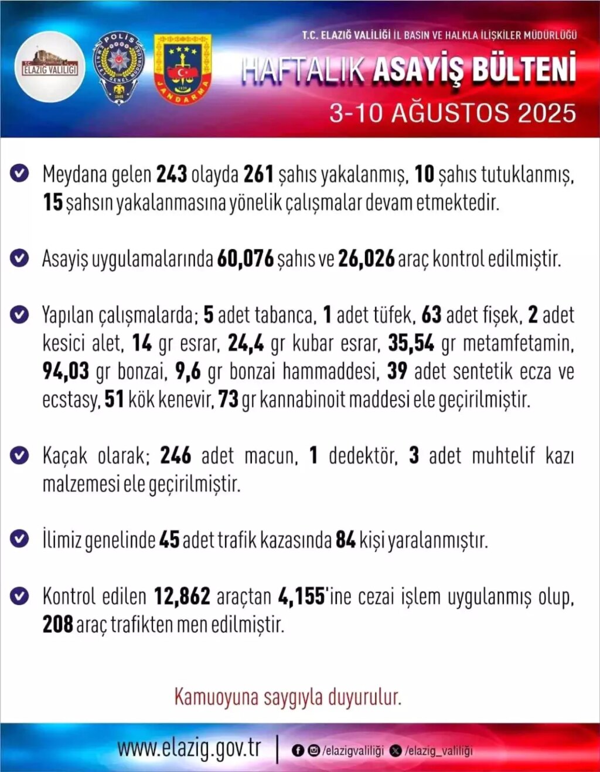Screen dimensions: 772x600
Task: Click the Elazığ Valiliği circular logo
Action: (x=50, y=67)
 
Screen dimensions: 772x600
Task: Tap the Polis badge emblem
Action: (x=119, y=69)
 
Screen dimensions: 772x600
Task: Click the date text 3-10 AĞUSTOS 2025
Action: (x=452, y=113)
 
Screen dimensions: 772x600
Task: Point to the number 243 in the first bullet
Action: (x=172, y=174)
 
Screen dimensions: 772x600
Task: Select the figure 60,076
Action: (x=246, y=258)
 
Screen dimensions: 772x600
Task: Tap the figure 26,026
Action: (x=366, y=258)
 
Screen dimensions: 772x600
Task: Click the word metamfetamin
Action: (x=519, y=343)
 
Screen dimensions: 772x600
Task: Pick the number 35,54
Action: (x=411, y=343)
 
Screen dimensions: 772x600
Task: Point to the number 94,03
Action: (x=66, y=371)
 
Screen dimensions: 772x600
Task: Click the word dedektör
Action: (x=363, y=456)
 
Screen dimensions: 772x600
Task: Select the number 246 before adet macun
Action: (x=176, y=456)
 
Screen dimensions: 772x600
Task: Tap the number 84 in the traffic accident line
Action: (x=346, y=540)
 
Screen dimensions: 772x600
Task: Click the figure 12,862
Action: (x=182, y=597)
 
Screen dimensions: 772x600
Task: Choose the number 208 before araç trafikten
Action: (x=57, y=625)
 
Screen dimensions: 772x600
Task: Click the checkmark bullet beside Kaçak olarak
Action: (x=19, y=455)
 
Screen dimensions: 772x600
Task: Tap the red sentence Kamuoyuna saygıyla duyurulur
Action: (x=288, y=697)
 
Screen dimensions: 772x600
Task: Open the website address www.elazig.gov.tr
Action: (x=189, y=749)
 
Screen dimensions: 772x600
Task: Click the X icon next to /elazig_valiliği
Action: (x=396, y=751)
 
